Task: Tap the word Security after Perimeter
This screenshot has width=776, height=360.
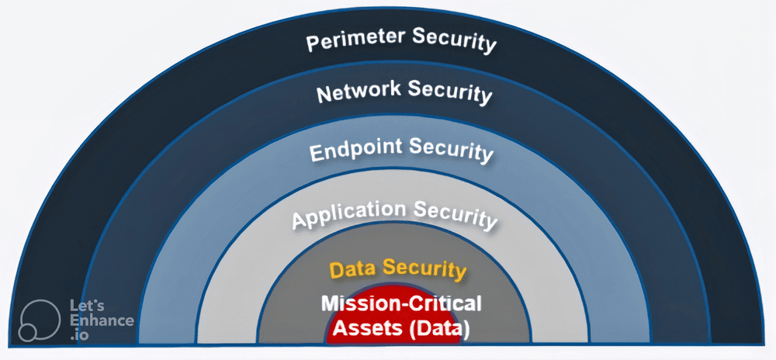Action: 454,40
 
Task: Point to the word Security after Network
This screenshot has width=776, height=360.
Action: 450,92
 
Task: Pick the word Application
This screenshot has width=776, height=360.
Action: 349,215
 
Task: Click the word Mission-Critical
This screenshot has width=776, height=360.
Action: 401,303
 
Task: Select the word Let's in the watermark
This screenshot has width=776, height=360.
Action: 87,306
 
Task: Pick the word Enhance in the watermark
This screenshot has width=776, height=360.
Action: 102,321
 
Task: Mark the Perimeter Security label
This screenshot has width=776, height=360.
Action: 401,40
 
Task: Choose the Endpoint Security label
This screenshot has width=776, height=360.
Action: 401,151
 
